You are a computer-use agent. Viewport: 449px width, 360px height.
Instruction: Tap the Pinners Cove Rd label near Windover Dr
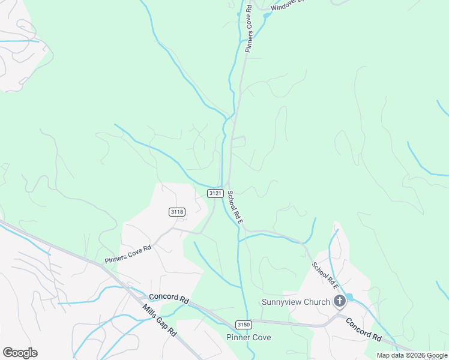249,28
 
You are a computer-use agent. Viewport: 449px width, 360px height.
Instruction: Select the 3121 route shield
216,193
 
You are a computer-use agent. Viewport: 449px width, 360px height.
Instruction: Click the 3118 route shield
177,212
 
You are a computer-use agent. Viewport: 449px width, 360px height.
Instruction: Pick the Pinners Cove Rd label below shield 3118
127,254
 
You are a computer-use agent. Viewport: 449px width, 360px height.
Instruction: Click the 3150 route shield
243,325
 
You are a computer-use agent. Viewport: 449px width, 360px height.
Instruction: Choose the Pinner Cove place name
248,337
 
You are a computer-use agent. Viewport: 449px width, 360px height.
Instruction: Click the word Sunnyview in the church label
283,302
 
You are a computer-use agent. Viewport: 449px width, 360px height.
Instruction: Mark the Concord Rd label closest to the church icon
364,329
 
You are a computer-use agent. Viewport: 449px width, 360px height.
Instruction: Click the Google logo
20,353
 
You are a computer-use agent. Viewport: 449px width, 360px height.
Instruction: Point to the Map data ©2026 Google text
412,355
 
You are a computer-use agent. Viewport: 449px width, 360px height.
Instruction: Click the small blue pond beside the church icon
349,297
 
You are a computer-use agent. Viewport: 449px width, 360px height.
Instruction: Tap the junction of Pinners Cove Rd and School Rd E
229,183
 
